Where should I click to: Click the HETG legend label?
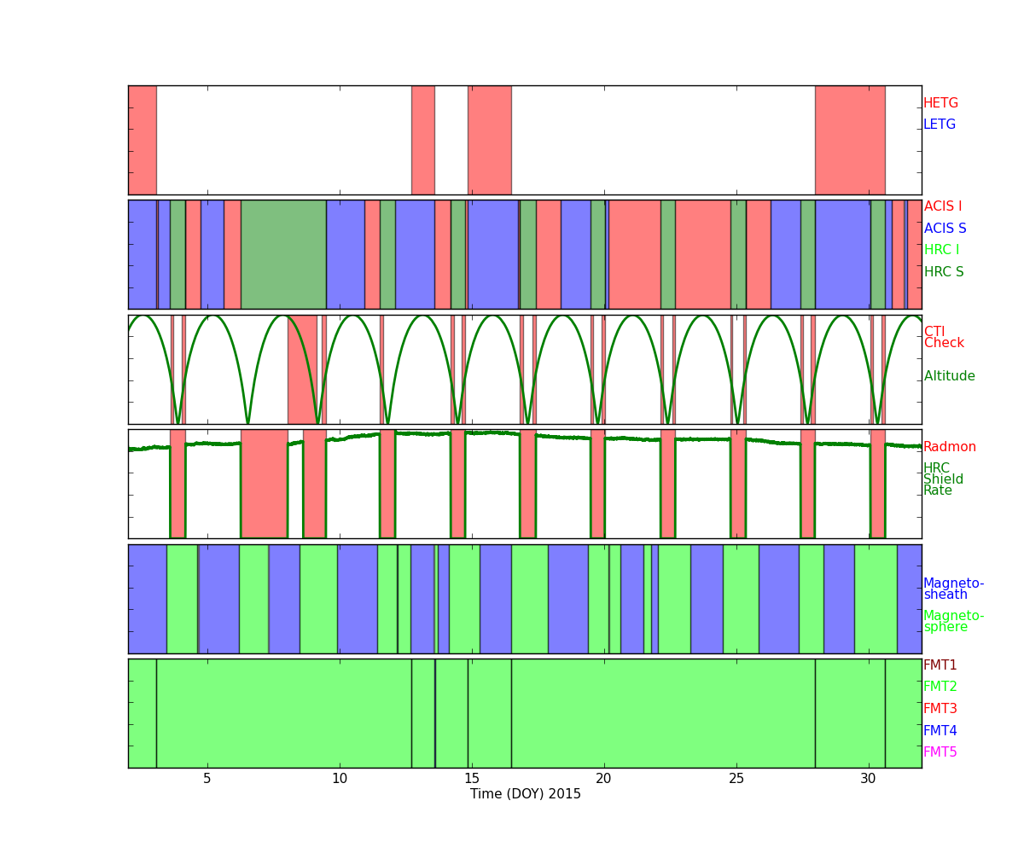(x=940, y=103)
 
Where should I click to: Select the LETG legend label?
(x=940, y=124)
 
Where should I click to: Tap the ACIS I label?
(x=943, y=206)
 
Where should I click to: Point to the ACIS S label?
(x=945, y=228)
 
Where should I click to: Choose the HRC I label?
(x=941, y=250)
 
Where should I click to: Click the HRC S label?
(x=944, y=271)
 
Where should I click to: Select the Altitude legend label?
(x=950, y=376)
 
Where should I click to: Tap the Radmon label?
(x=950, y=447)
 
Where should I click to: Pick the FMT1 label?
(x=940, y=664)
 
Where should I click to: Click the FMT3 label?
(x=940, y=708)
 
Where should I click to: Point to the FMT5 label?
(x=940, y=752)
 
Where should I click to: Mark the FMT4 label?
(x=940, y=730)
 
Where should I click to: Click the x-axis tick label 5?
(x=207, y=779)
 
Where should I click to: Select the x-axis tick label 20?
(x=603, y=779)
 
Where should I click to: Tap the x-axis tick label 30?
(x=868, y=779)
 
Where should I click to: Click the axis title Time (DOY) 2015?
(x=526, y=794)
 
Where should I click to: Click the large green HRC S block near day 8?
(x=283, y=254)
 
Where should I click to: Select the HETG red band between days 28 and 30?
(x=850, y=140)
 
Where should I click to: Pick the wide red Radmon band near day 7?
(x=265, y=484)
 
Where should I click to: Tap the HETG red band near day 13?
(x=422, y=140)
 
